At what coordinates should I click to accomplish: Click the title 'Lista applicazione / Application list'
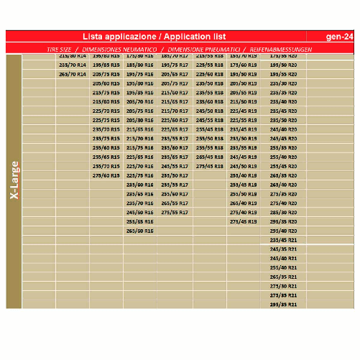pyautogui.click(x=154, y=36)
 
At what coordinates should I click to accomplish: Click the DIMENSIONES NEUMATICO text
pyautogui.click(x=116, y=50)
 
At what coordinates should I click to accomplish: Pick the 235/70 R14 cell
pyautogui.click(x=72, y=65)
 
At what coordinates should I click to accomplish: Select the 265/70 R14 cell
pyautogui.click(x=72, y=74)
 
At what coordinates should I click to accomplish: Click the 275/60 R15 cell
pyautogui.click(x=106, y=175)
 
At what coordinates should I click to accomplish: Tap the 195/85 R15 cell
pyautogui.click(x=106, y=65)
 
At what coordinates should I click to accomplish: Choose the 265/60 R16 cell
pyautogui.click(x=140, y=231)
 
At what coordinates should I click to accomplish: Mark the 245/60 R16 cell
pyautogui.click(x=140, y=212)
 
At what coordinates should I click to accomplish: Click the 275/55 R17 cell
pyautogui.click(x=175, y=212)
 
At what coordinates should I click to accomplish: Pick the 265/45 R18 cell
pyautogui.click(x=209, y=157)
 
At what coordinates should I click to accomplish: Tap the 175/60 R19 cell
pyautogui.click(x=244, y=65)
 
